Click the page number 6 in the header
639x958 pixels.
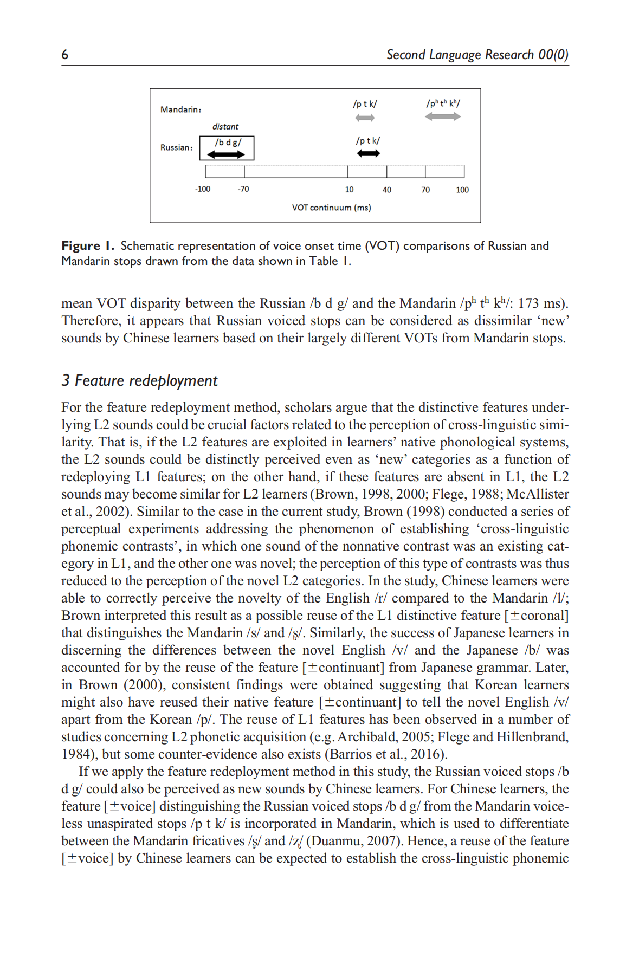pos(65,54)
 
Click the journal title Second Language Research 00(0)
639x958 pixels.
pos(477,55)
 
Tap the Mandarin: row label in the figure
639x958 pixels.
pos(180,109)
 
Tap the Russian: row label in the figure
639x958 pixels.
pos(176,147)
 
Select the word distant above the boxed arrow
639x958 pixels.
pos(225,127)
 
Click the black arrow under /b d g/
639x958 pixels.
pos(226,154)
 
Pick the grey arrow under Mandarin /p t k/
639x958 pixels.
pos(365,118)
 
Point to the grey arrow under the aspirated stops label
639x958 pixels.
pos(442,116)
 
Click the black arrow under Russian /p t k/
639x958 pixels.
pos(368,153)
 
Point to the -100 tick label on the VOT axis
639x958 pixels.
pos(203,189)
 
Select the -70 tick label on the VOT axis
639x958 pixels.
pos(243,189)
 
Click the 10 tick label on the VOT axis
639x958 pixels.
pos(349,190)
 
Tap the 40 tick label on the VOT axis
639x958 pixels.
pos(387,190)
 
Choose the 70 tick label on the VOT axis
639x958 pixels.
pos(425,190)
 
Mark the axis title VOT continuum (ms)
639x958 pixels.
pos(331,208)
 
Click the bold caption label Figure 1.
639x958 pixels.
pos(87,246)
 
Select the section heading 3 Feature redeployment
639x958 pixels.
pos(139,380)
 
